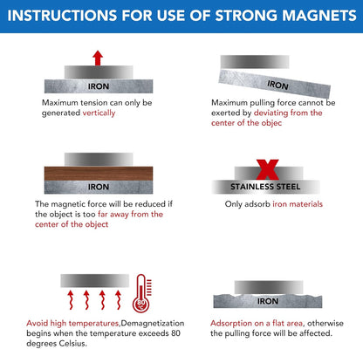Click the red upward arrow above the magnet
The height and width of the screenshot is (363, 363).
point(98,58)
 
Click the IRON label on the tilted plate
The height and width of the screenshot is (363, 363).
point(277,86)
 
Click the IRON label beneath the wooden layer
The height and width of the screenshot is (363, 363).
point(98,187)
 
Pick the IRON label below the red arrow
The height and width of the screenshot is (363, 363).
point(98,86)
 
